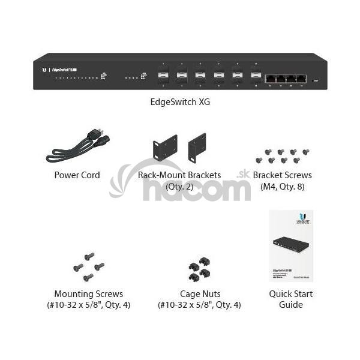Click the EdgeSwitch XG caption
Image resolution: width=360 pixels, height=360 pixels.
point(180,102)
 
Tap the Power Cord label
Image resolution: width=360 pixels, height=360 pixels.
point(77,175)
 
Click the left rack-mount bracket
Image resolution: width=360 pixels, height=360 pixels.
point(165,148)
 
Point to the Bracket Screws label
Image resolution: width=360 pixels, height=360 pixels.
point(282,175)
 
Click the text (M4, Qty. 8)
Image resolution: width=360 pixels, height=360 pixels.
point(282,186)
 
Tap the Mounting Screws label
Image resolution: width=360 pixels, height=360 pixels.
point(88,294)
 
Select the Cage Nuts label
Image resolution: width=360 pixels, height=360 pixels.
point(200,294)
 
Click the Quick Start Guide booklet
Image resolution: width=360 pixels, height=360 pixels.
point(290,245)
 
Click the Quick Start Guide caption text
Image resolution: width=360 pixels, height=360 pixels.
point(290,299)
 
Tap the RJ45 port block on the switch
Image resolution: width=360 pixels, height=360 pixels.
point(286,79)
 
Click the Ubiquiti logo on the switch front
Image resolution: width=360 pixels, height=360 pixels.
point(44,70)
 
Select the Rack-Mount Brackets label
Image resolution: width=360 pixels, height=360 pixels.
point(179,175)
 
